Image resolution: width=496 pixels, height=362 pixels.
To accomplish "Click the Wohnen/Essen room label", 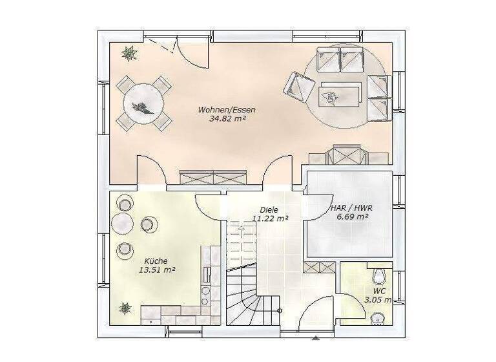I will [x=226, y=110].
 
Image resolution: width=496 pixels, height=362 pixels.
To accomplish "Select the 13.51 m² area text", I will [x=157, y=270].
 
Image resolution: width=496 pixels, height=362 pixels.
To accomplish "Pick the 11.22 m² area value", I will [x=270, y=218].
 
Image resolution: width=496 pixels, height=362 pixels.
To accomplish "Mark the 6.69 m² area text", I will [x=352, y=218].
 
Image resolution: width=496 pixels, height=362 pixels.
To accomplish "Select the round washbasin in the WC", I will [x=378, y=317].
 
